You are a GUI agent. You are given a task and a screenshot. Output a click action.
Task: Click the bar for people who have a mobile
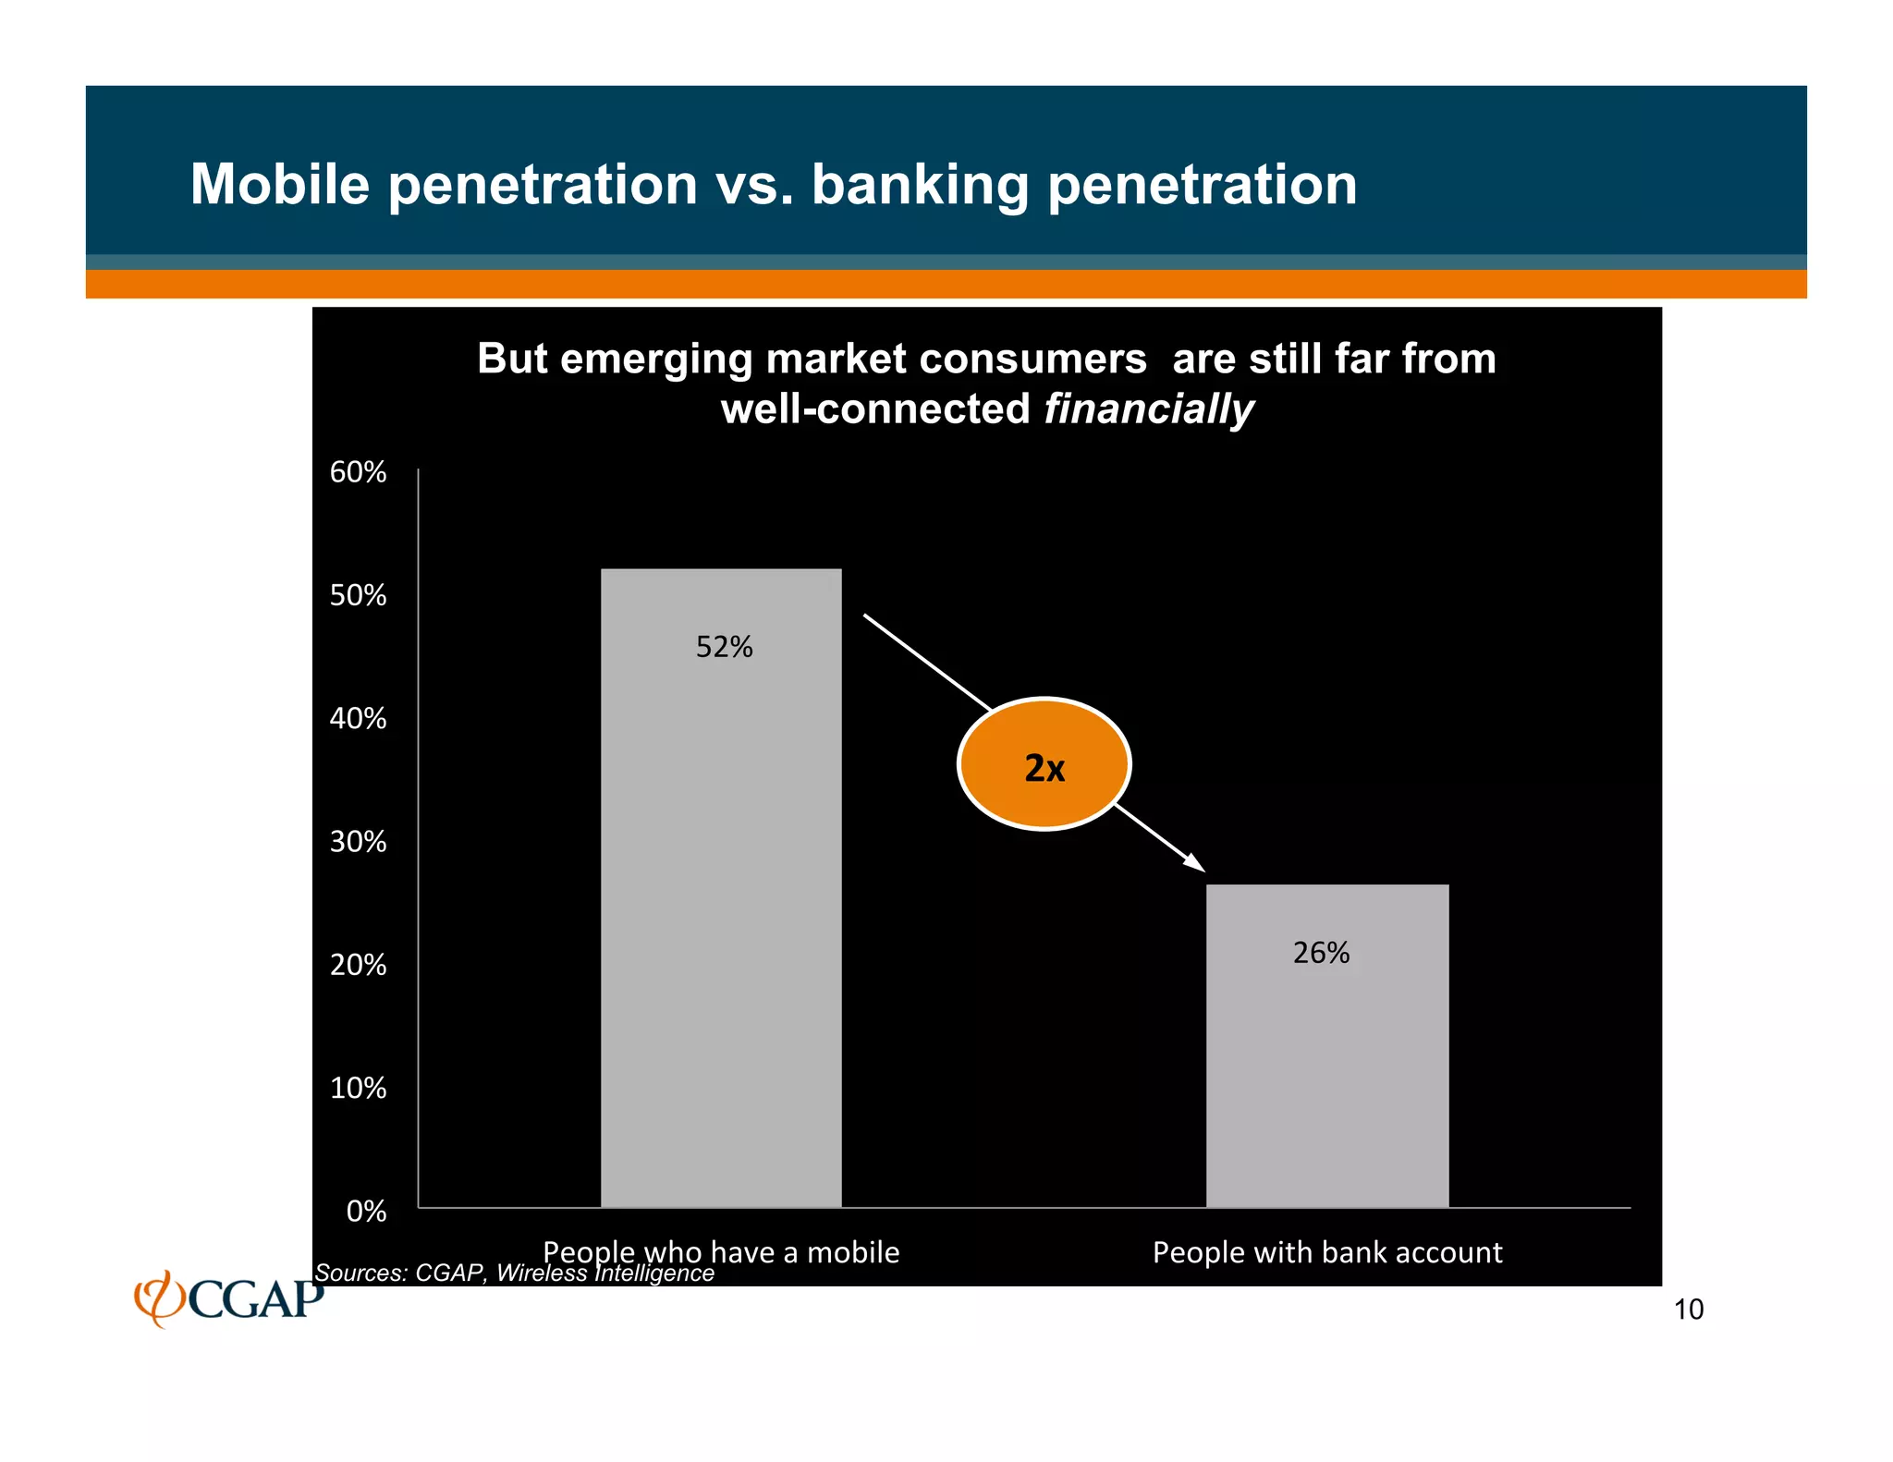721,887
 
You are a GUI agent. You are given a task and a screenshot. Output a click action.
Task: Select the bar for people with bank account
1327,1044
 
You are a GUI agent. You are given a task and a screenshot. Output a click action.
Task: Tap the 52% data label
724,647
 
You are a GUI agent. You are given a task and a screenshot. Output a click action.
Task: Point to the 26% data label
1321,953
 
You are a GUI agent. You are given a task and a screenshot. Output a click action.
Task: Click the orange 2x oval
1044,765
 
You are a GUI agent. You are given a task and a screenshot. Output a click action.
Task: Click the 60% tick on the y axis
358,472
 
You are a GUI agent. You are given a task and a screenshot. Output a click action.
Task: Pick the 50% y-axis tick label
358,595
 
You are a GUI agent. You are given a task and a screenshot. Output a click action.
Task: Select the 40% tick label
358,719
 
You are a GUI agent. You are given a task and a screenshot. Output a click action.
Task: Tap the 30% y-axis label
358,842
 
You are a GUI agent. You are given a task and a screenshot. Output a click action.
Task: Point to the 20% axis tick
358,965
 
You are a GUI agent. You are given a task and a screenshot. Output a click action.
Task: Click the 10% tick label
358,1089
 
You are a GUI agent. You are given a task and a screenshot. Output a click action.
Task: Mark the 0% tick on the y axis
366,1212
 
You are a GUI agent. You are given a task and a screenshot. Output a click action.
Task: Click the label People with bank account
1327,1253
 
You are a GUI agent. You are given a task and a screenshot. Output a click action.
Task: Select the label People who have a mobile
721,1251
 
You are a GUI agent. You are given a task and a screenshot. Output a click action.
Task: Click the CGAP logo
229,1298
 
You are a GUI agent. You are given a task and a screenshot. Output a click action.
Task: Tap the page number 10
1689,1310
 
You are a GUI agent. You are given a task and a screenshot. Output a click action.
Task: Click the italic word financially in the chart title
1148,409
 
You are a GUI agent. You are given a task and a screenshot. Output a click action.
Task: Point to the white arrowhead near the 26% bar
1194,863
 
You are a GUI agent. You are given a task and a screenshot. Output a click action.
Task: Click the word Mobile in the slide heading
280,184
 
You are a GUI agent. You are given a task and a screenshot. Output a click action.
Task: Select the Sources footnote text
514,1273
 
